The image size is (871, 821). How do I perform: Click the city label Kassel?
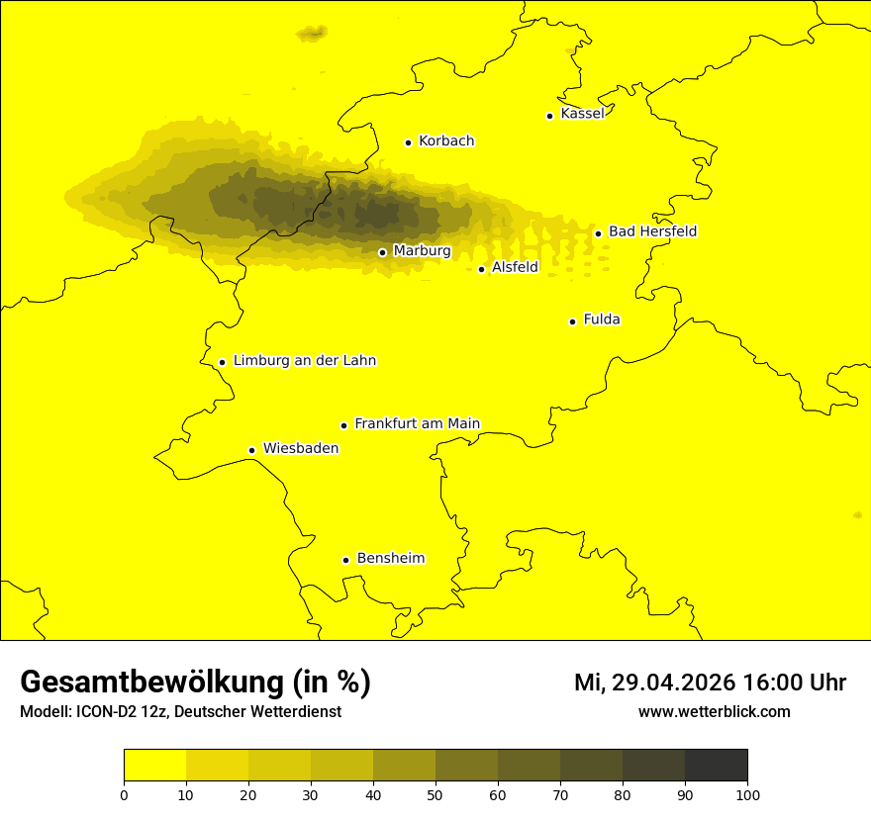(582, 114)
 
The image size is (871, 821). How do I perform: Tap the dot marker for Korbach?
(408, 142)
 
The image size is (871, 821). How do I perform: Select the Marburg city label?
(422, 251)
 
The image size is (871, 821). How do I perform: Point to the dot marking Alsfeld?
(481, 269)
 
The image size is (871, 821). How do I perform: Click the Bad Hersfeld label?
(652, 231)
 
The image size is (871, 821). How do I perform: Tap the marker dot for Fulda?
(572, 321)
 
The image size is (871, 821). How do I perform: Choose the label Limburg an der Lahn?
(305, 361)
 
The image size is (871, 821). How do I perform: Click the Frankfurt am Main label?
(417, 423)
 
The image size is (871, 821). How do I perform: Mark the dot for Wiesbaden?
(251, 450)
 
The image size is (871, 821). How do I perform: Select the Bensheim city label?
(390, 558)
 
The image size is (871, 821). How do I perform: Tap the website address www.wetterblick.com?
(714, 711)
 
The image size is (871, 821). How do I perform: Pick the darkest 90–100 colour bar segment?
(716, 765)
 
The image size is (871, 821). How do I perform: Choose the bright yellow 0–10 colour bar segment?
(154, 765)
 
